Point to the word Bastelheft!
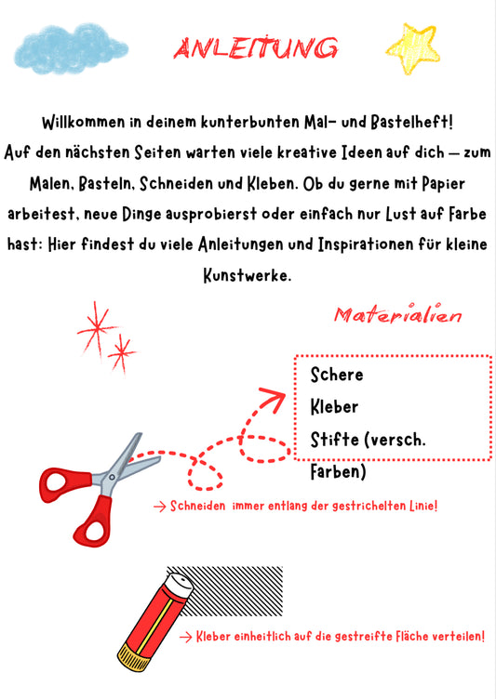point(406,123)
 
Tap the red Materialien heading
point(397,316)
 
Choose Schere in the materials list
point(337,375)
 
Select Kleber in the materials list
point(334,406)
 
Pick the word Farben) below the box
point(339,472)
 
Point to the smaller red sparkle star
point(121,351)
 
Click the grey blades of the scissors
point(119,462)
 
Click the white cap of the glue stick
point(181,586)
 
